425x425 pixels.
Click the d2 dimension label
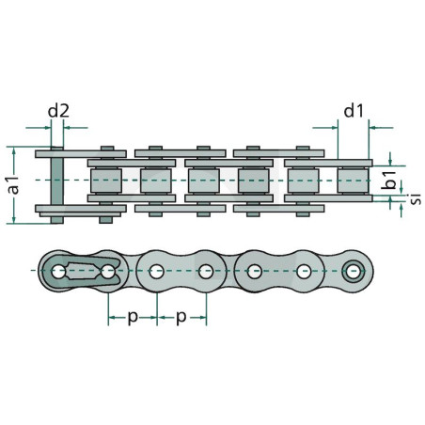tap(58, 111)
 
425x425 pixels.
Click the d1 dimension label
tap(354, 111)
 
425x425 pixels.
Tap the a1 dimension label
tap(14, 185)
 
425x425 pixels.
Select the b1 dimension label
tap(389, 181)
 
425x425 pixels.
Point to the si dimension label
tap(416, 199)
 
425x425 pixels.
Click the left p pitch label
tap(133, 317)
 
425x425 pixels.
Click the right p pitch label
tap(181, 317)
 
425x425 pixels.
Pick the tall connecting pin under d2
tap(57, 185)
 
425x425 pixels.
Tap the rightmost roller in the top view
tap(353, 181)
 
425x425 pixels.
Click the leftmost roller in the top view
tap(106, 181)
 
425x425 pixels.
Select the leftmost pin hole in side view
tap(58, 272)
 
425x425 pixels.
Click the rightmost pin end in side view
tap(354, 271)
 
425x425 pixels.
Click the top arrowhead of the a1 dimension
tap(14, 151)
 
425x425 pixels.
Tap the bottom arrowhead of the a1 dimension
tap(14, 219)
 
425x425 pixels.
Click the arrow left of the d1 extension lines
tap(325, 128)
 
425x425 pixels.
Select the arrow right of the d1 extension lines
tap(381, 128)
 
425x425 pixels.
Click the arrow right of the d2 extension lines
tap(75, 128)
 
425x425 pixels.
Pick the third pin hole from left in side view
tap(156, 272)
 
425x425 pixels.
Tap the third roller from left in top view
tap(204, 181)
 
